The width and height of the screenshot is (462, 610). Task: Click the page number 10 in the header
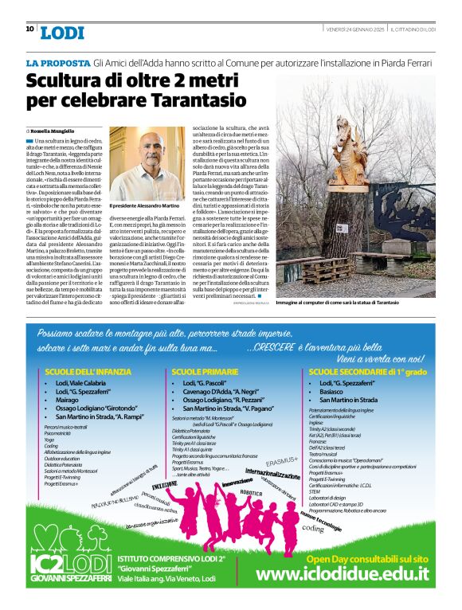coord(29,29)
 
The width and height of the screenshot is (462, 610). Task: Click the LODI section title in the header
coord(62,33)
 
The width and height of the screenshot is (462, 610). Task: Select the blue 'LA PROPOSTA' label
coord(57,62)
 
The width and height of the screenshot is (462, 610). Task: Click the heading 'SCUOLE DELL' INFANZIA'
coord(88,372)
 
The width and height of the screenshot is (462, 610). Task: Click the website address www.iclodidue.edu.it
coord(342,574)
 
